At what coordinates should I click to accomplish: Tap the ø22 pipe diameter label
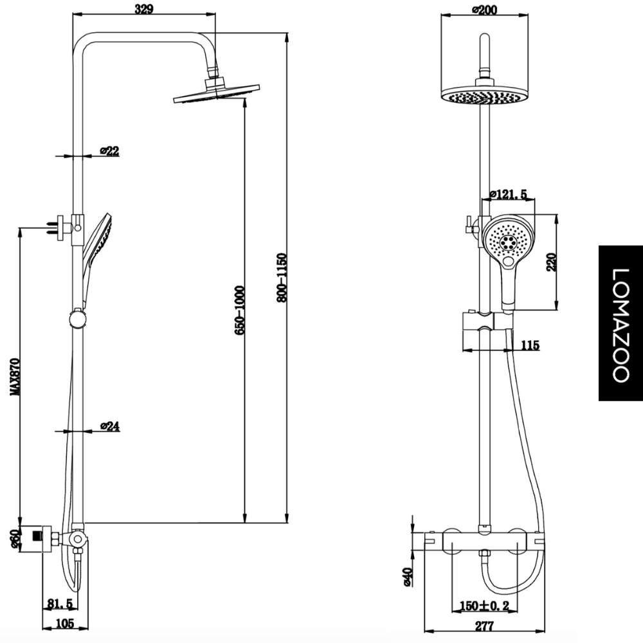109,151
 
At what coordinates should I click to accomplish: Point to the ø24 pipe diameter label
110,426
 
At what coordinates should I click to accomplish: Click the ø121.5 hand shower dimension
509,194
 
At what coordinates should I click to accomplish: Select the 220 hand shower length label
551,262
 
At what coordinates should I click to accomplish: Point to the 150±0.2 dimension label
485,605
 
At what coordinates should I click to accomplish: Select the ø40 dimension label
407,577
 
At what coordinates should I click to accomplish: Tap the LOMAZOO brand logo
620,323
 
